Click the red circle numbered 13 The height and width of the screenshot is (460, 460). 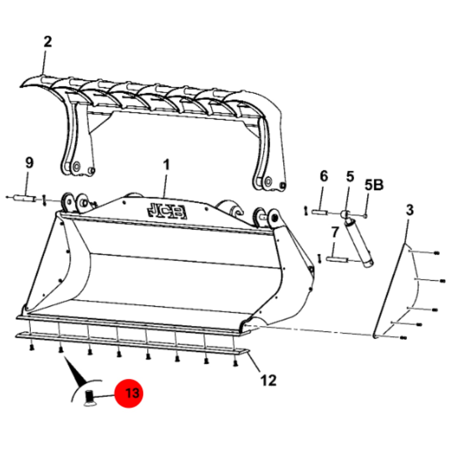pos(129,393)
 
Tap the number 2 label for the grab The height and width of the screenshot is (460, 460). pos(48,42)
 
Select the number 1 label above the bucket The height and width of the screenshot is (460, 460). pos(166,165)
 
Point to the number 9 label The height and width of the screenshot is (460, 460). pos(29,163)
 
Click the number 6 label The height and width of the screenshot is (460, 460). pos(324,176)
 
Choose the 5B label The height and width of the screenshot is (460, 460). pos(374,185)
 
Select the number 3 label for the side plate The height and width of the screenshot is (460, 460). pos(410,210)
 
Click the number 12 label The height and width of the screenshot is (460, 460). pos(268,380)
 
